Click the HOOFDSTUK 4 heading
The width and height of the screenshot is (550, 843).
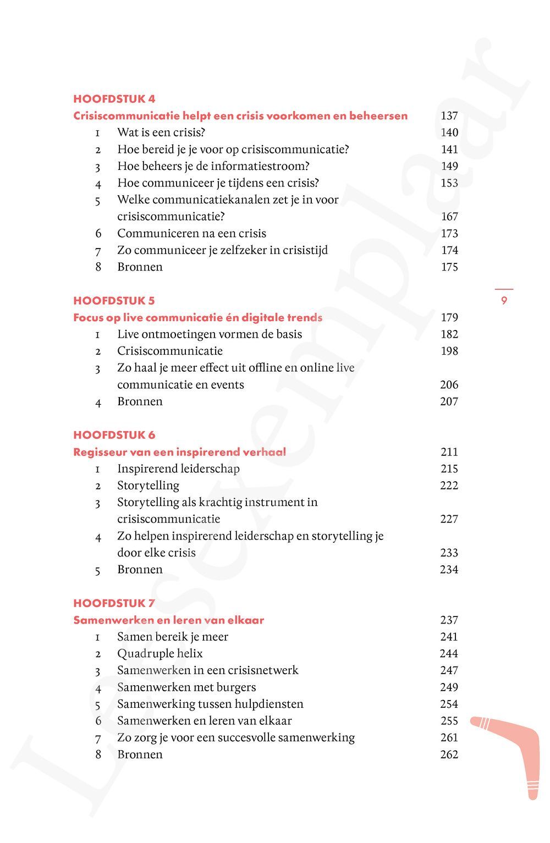(114, 99)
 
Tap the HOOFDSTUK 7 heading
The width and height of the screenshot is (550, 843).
(114, 603)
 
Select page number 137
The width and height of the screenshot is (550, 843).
(449, 116)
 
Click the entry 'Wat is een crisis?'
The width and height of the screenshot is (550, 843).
(161, 133)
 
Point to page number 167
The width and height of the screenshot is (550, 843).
(449, 217)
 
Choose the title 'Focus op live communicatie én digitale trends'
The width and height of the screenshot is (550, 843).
(198, 318)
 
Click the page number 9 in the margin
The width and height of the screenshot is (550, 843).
(504, 301)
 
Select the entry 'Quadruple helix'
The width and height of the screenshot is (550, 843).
(160, 654)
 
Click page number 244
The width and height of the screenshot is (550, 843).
(449, 654)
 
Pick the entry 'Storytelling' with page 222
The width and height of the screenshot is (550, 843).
(148, 486)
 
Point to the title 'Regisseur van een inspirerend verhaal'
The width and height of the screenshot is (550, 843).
(180, 452)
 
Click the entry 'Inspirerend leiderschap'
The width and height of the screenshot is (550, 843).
(179, 469)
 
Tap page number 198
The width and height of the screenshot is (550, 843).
(449, 351)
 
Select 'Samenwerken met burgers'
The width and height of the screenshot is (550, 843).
(186, 687)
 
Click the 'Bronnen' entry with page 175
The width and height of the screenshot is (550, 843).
(140, 267)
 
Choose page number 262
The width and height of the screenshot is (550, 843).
(449, 754)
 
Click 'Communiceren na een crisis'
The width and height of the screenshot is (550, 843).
(191, 234)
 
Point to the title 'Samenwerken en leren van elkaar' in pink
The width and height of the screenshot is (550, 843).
(169, 620)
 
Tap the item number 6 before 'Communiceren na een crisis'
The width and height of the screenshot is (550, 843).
(98, 234)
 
